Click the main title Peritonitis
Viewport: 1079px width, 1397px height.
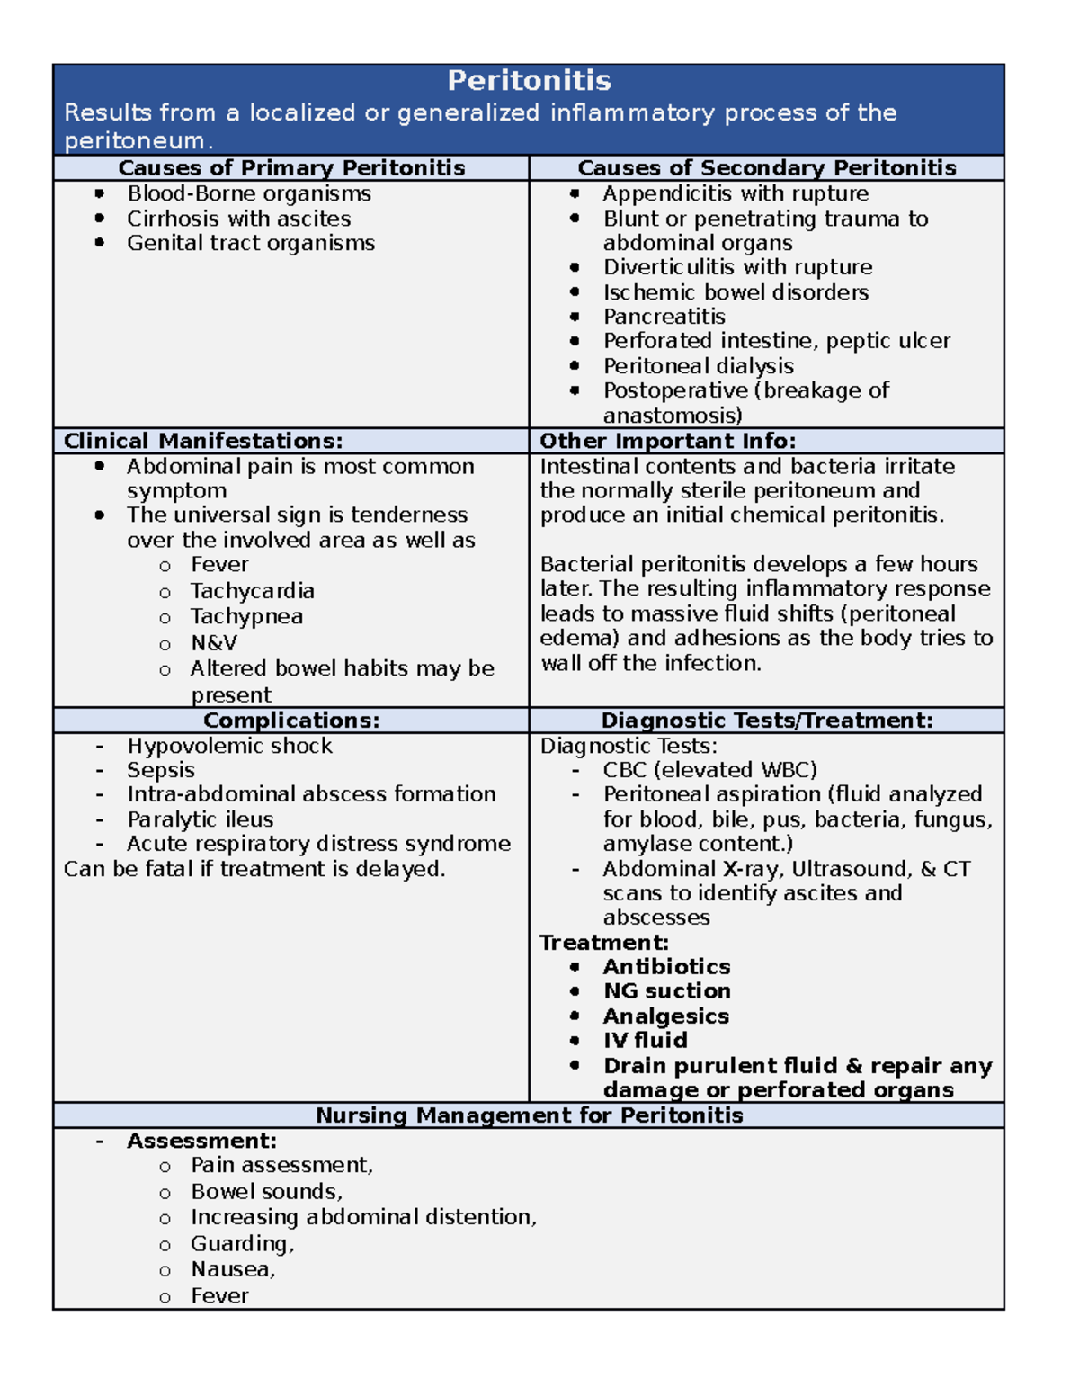(529, 81)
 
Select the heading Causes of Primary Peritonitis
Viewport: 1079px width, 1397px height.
(291, 168)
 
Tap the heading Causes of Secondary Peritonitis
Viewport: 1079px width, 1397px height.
(766, 168)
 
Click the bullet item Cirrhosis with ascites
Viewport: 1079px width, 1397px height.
(238, 219)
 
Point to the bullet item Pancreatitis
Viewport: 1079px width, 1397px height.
(664, 317)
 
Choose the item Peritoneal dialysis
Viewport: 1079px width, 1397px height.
(698, 366)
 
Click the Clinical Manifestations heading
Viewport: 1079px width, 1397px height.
(203, 441)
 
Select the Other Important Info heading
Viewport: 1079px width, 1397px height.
(667, 441)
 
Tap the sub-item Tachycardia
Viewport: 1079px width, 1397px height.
(252, 591)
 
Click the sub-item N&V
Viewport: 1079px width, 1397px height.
(214, 643)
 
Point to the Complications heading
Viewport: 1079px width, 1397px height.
(291, 721)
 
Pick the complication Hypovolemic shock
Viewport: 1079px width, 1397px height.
(229, 746)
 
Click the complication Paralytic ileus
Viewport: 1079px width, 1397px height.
(200, 819)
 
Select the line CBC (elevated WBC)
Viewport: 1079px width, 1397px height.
(709, 770)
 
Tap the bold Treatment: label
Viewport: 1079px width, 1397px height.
(604, 943)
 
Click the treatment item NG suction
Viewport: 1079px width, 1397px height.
(666, 991)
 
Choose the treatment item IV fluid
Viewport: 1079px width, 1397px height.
(645, 1041)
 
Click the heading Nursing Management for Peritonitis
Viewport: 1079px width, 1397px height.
(529, 1115)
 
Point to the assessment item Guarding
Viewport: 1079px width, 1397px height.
(242, 1244)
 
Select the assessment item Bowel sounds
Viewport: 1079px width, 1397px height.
(266, 1192)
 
